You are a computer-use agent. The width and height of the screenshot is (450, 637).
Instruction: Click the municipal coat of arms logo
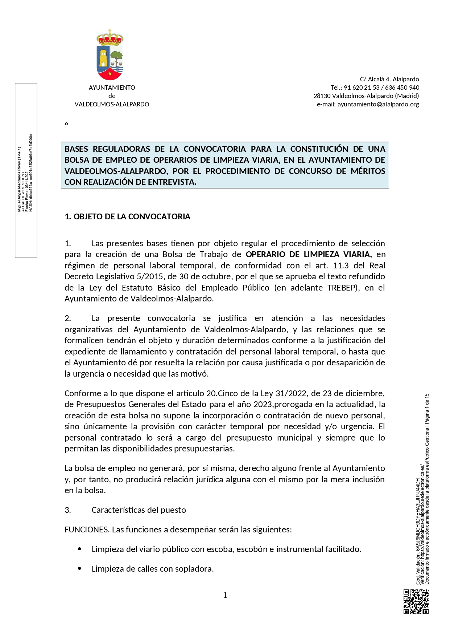click(x=110, y=55)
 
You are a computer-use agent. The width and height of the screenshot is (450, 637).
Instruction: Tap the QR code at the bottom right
click(x=416, y=602)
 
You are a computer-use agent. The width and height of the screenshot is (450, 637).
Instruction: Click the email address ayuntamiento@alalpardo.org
click(x=378, y=104)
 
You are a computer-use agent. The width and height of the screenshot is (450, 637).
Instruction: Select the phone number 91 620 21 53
click(x=362, y=88)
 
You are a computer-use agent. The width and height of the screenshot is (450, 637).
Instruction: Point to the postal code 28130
click(x=322, y=96)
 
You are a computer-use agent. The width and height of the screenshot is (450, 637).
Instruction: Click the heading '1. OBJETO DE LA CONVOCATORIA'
click(x=127, y=217)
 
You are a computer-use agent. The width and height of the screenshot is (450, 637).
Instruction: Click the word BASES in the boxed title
click(x=77, y=149)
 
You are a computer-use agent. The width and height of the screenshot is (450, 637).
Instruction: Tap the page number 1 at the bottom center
click(x=225, y=595)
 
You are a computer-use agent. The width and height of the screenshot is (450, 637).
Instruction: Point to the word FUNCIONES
click(x=86, y=530)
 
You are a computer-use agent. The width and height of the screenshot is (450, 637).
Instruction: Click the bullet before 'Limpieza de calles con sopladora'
click(x=80, y=569)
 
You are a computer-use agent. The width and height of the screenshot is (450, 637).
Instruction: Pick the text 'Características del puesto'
click(x=139, y=510)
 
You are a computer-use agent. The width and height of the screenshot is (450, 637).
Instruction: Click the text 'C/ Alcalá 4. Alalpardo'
click(x=389, y=79)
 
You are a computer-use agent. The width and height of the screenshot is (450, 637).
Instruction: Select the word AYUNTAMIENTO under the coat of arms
click(x=112, y=88)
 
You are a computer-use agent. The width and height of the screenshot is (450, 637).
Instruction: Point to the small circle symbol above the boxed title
click(x=66, y=124)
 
